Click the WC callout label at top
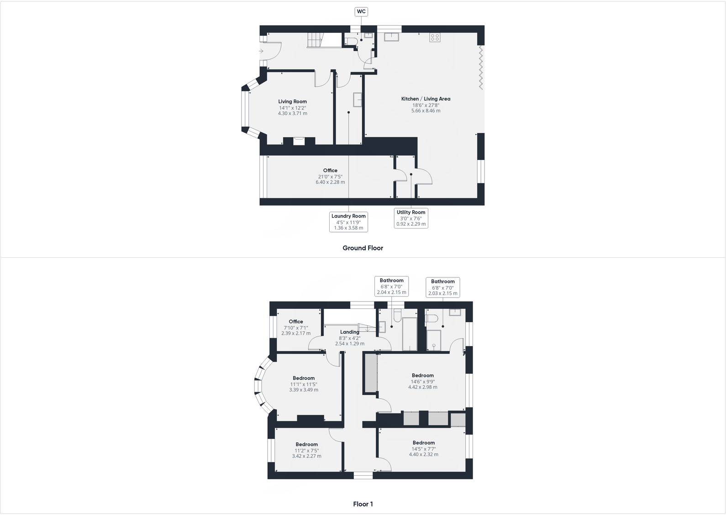click(x=361, y=12)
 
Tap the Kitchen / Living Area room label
click(x=426, y=99)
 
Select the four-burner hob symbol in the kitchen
click(x=435, y=38)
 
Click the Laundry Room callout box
click(x=348, y=222)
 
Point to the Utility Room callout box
click(x=411, y=218)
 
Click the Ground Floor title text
click(x=363, y=248)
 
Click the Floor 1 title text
click(x=363, y=504)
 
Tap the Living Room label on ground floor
click(x=292, y=101)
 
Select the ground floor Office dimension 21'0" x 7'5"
click(x=330, y=176)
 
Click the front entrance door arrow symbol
click(x=261, y=51)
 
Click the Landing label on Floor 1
click(x=349, y=332)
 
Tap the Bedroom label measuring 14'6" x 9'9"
click(x=422, y=376)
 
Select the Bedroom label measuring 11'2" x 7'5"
click(x=306, y=444)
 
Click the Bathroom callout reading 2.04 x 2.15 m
click(x=391, y=287)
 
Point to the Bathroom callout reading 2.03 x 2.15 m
click(x=442, y=287)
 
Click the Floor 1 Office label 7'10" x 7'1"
click(x=296, y=322)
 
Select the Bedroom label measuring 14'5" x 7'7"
click(x=423, y=443)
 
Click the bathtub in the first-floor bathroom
click(x=409, y=334)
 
